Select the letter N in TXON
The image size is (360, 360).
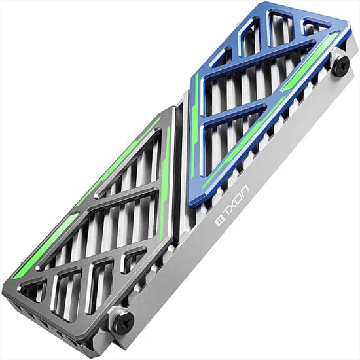[245, 190]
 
